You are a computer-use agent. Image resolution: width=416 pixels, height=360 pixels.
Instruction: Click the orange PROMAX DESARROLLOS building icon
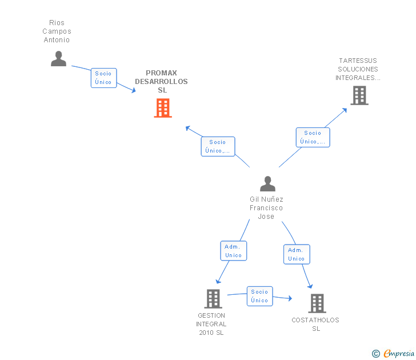point(163,107)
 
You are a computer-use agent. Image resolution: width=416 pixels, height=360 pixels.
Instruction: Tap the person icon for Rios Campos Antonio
point(58,58)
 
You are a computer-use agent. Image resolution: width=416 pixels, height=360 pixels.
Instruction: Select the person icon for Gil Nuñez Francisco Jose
point(267,183)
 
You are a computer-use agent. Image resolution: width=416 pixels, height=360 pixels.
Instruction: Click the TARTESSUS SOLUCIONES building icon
point(359,95)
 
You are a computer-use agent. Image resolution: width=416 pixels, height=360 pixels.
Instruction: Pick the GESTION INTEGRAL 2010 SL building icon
point(213,298)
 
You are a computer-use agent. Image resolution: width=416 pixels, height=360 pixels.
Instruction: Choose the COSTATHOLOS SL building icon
point(317,303)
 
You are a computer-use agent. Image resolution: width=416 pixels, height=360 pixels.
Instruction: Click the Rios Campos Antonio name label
point(57,31)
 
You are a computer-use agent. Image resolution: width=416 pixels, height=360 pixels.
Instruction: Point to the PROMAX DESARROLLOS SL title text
point(161,81)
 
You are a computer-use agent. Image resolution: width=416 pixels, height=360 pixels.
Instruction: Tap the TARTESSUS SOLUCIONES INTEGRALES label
point(358,69)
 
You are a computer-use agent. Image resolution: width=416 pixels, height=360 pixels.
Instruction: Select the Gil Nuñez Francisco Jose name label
point(266,207)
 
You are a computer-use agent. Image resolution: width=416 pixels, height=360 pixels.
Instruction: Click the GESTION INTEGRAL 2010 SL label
point(211,324)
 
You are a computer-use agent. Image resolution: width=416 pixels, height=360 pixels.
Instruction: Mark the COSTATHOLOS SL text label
point(315,324)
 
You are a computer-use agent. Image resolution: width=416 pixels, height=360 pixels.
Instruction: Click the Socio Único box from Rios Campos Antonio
point(103,78)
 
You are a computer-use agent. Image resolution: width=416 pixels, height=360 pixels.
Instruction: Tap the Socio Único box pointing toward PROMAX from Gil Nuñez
point(218,146)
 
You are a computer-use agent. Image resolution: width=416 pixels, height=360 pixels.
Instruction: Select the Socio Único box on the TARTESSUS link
point(313,137)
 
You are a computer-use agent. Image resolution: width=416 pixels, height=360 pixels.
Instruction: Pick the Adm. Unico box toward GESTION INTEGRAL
point(233,251)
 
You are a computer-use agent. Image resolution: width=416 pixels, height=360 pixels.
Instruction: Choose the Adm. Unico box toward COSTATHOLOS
point(297,254)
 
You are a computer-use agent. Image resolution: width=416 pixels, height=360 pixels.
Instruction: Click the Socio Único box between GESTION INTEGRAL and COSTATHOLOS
point(259,296)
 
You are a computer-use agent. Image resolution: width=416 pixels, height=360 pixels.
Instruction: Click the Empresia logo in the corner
point(393,354)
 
